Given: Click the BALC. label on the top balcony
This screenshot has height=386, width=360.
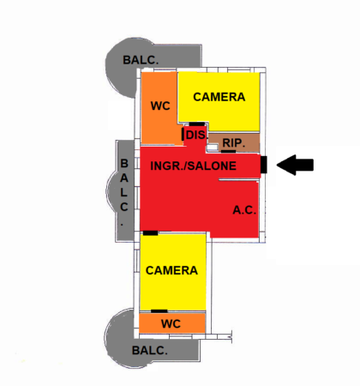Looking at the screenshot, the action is [141, 60].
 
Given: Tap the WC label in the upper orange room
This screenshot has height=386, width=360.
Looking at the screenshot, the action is [160, 106].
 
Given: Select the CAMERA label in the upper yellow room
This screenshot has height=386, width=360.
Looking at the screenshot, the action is [219, 97].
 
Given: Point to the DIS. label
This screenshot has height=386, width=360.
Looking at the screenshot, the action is [196, 136].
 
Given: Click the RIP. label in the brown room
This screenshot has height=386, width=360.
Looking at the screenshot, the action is [233, 143].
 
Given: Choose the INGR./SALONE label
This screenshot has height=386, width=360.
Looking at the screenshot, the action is [194, 166].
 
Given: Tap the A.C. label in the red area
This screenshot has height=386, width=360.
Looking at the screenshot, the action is [244, 210].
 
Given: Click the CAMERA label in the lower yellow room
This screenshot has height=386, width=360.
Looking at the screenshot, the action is [171, 270].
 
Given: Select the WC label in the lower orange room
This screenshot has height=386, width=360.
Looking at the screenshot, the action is [171, 324].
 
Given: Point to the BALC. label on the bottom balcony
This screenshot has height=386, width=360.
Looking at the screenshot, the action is [149, 351].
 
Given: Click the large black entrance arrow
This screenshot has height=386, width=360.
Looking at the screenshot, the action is [295, 165].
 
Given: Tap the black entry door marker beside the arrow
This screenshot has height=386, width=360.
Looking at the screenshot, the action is [264, 165].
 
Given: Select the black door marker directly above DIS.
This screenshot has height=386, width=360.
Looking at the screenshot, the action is [197, 124].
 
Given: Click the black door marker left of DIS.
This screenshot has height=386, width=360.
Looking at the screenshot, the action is [183, 134].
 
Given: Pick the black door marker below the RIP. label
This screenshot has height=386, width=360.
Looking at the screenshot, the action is [229, 151].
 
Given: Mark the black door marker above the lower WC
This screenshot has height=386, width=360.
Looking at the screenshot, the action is [159, 311].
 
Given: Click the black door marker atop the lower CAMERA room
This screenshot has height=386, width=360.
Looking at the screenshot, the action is [150, 233].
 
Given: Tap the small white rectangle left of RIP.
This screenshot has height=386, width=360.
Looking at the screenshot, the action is [213, 148].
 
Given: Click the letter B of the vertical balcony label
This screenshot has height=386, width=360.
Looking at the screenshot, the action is [124, 164].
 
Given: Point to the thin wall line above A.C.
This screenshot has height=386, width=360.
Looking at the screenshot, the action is [238, 180].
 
